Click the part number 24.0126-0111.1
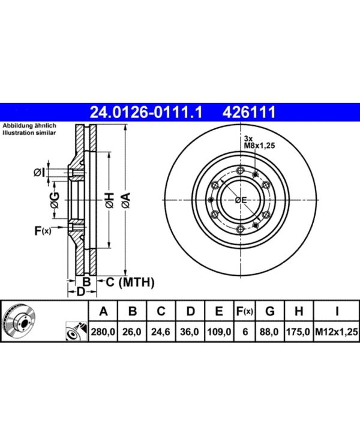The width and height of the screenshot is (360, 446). point(146,112)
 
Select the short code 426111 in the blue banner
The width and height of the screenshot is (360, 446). point(249,112)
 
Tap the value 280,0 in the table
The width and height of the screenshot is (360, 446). point(103,332)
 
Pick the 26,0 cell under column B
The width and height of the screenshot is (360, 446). point(132,332)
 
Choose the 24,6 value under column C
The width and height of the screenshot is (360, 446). point(161,332)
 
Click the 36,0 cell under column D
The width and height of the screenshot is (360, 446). point(190,332)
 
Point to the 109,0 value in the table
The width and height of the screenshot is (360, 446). point(219,332)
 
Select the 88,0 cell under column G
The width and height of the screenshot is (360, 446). point(269,332)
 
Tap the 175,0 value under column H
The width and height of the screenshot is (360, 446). point(298,332)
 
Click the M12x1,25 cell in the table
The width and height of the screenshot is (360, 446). point(337,332)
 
